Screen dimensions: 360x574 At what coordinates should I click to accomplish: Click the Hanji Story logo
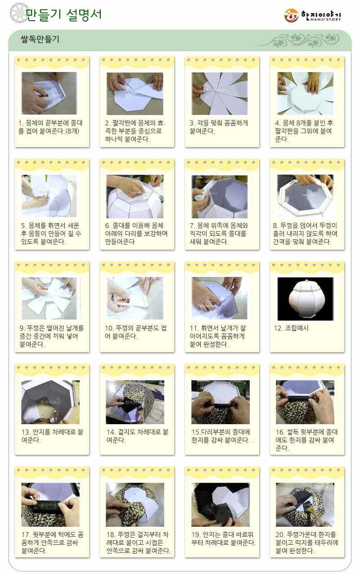pyautogui.click(x=313, y=15)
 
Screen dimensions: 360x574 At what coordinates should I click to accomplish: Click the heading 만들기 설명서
pyautogui.click(x=63, y=14)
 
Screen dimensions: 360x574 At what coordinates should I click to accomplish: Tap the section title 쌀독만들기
pyautogui.click(x=40, y=39)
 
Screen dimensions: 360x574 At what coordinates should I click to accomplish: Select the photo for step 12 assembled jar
pyautogui.click(x=306, y=299)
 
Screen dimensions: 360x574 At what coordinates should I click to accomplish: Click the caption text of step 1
pyautogui.click(x=50, y=127)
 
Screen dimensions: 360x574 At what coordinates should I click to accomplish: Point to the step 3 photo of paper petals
pyautogui.click(x=220, y=94)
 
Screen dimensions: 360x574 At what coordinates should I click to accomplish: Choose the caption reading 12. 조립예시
pyautogui.click(x=291, y=328)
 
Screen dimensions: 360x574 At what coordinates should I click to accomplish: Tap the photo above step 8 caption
pyautogui.click(x=306, y=196)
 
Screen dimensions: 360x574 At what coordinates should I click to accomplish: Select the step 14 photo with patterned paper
pyautogui.click(x=135, y=402)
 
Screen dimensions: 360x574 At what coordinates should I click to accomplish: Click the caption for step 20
pyautogui.click(x=307, y=543)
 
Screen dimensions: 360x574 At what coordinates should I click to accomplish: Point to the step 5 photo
pyautogui.click(x=49, y=196)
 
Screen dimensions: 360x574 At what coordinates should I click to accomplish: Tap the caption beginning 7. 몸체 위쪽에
pyautogui.click(x=219, y=233)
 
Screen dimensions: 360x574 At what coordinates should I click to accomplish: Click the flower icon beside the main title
pyautogui.click(x=18, y=12)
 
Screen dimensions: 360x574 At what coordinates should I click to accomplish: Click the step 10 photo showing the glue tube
pyautogui.click(x=135, y=299)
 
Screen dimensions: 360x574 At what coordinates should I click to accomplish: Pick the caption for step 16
pyautogui.click(x=306, y=440)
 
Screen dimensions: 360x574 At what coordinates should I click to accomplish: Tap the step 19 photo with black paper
pyautogui.click(x=220, y=505)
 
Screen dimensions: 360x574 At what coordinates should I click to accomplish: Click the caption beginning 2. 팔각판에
pyautogui.click(x=135, y=131)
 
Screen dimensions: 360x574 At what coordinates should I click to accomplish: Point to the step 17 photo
pyautogui.click(x=50, y=505)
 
